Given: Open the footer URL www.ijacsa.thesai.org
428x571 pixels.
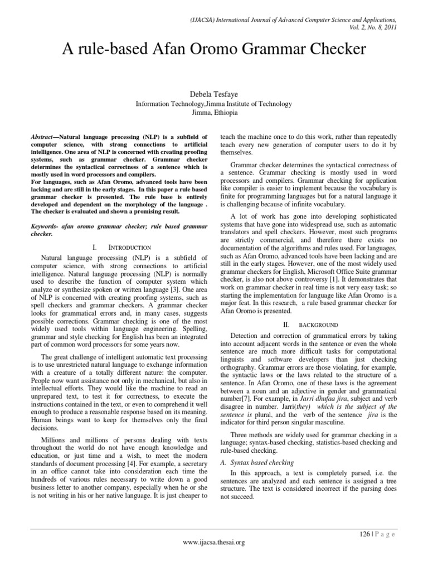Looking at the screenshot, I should click(x=214, y=541).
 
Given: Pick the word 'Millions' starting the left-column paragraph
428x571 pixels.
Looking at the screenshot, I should click(x=56, y=441).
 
